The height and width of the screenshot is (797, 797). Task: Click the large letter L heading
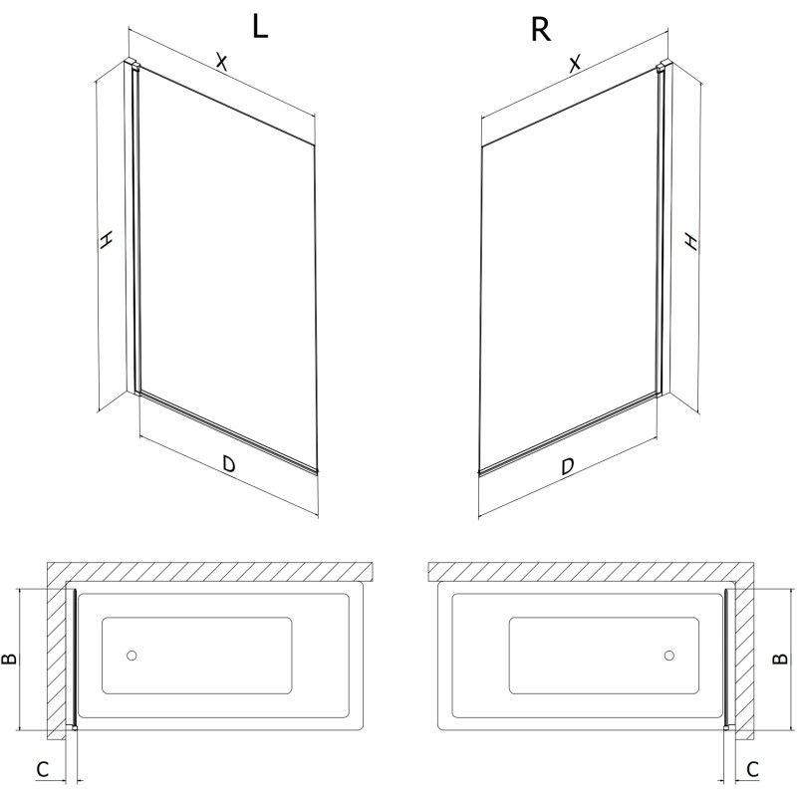[260, 27]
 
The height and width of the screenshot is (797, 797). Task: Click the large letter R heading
[540, 30]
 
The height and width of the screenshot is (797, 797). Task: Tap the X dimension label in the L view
[221, 62]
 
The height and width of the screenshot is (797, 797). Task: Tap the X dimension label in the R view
[575, 64]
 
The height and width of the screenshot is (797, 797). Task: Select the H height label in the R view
[690, 241]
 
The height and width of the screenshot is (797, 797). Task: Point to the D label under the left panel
[229, 463]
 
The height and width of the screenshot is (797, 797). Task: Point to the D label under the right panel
[567, 465]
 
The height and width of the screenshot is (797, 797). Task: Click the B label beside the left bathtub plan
[9, 660]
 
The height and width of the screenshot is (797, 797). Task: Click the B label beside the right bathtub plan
[780, 659]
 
